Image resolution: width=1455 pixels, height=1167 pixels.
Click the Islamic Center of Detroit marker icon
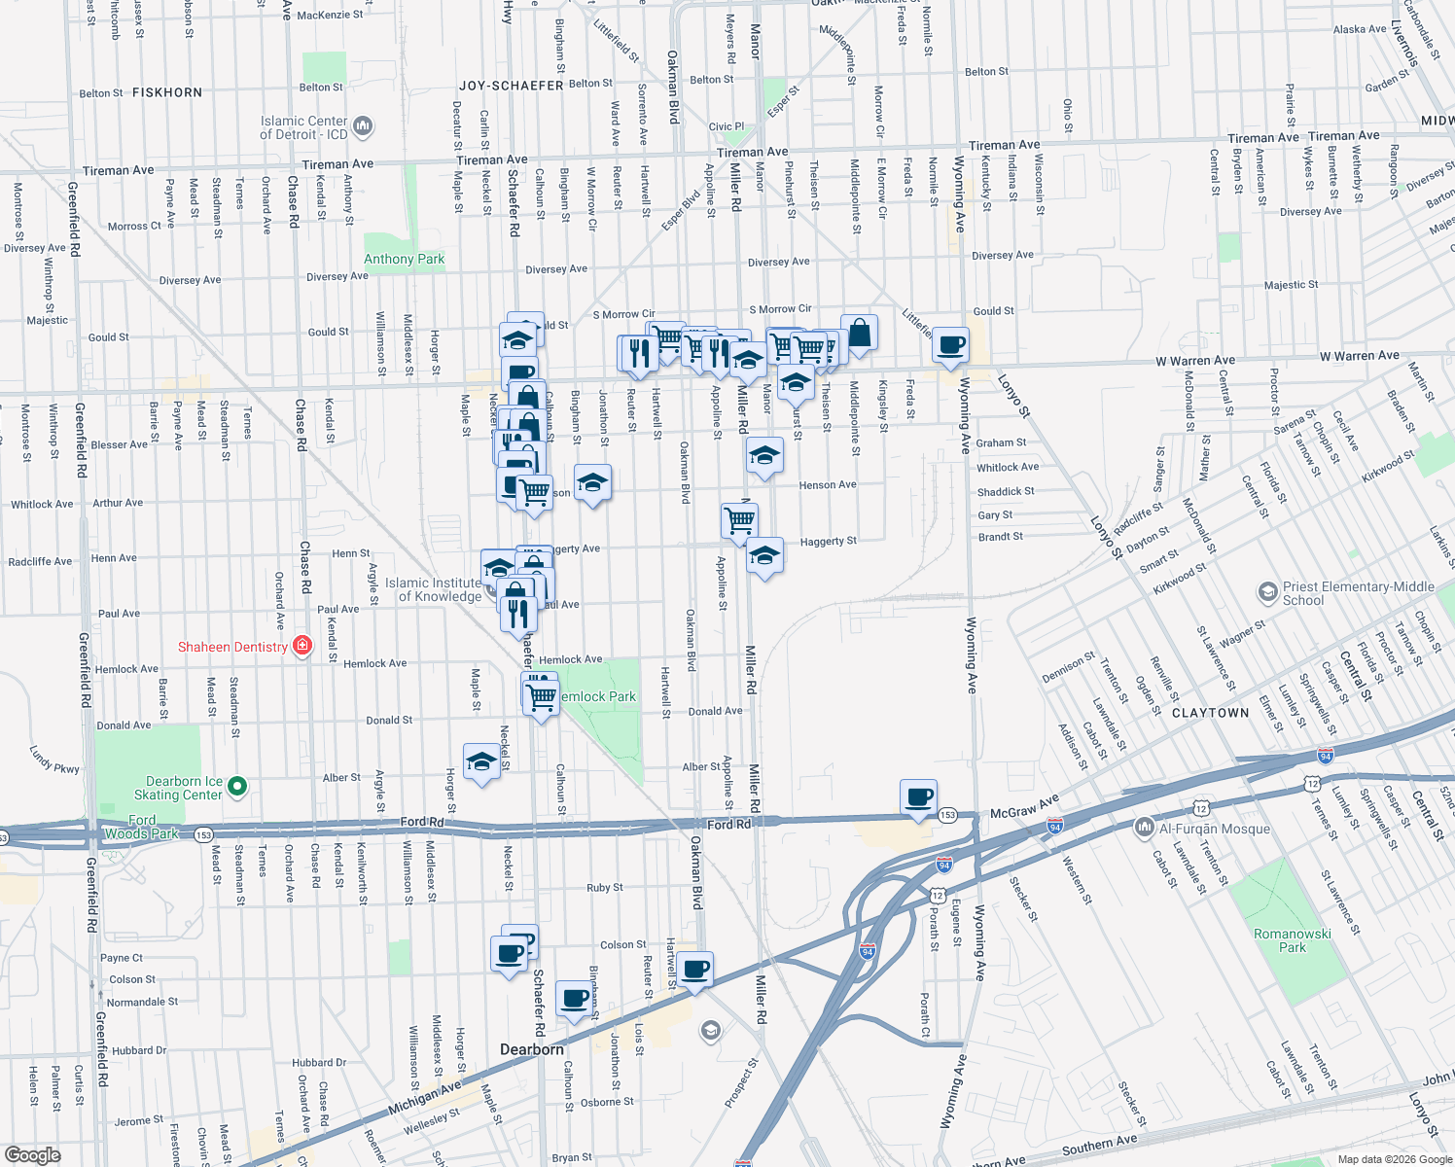[x=363, y=125]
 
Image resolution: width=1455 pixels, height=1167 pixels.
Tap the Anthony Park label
[x=404, y=259]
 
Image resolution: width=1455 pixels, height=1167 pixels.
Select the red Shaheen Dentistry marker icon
[x=302, y=646]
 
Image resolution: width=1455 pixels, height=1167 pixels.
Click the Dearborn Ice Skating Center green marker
[x=238, y=786]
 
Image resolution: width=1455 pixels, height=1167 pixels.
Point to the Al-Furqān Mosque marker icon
[x=1145, y=828]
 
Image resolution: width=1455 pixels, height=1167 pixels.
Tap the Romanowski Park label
[x=1292, y=940]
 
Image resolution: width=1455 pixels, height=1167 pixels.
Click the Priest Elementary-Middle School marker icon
[x=1267, y=591]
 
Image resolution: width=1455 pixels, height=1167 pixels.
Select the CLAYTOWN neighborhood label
[x=1210, y=713]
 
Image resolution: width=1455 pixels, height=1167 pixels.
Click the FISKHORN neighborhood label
[x=167, y=92]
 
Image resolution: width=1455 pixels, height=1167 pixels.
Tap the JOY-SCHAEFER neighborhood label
[x=511, y=86]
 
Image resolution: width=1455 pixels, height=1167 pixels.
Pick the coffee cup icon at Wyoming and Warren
[x=950, y=344]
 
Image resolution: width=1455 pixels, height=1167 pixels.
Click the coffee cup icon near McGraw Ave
[x=918, y=797]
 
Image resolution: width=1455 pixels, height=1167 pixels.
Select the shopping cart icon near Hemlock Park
[x=541, y=695]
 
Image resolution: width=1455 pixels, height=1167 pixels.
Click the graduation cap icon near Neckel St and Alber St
[x=481, y=762]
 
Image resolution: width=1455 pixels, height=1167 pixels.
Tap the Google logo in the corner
[x=32, y=1154]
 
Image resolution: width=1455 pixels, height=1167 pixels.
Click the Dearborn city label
[x=531, y=1049]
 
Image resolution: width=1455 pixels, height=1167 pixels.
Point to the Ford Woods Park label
[x=142, y=827]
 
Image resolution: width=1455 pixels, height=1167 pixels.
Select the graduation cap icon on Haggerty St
[x=764, y=555]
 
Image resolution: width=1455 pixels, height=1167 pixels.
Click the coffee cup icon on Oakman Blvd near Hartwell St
[x=695, y=970]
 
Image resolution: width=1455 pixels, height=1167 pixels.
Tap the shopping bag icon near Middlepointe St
[x=859, y=333]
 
